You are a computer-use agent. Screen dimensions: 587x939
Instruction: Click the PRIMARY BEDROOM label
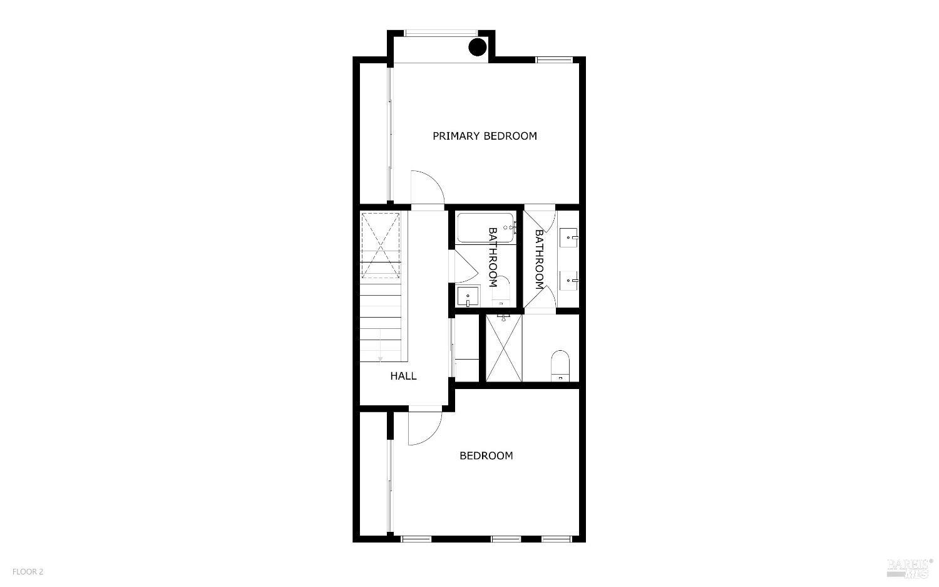point(485,136)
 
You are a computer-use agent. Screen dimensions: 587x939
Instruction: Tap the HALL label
point(403,376)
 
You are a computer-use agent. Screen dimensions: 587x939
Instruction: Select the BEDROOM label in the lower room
point(486,455)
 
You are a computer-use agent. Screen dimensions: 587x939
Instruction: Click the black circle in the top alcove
point(478,47)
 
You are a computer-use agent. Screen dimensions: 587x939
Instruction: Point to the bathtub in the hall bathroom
point(486,228)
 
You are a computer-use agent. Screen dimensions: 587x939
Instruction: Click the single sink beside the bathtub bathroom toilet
point(468,296)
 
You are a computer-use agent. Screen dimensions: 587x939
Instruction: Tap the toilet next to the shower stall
point(560,365)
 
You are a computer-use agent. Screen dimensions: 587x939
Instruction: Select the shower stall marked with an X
point(503,348)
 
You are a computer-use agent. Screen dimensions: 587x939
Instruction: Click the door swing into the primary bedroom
point(426,187)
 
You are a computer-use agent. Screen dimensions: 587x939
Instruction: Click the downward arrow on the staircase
point(380,357)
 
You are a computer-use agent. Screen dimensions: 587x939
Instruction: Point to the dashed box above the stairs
point(381,246)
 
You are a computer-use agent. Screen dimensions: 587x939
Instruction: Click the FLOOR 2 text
point(28,571)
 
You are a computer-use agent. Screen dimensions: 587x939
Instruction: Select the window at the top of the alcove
point(441,33)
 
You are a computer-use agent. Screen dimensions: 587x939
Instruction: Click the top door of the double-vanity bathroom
point(539,219)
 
